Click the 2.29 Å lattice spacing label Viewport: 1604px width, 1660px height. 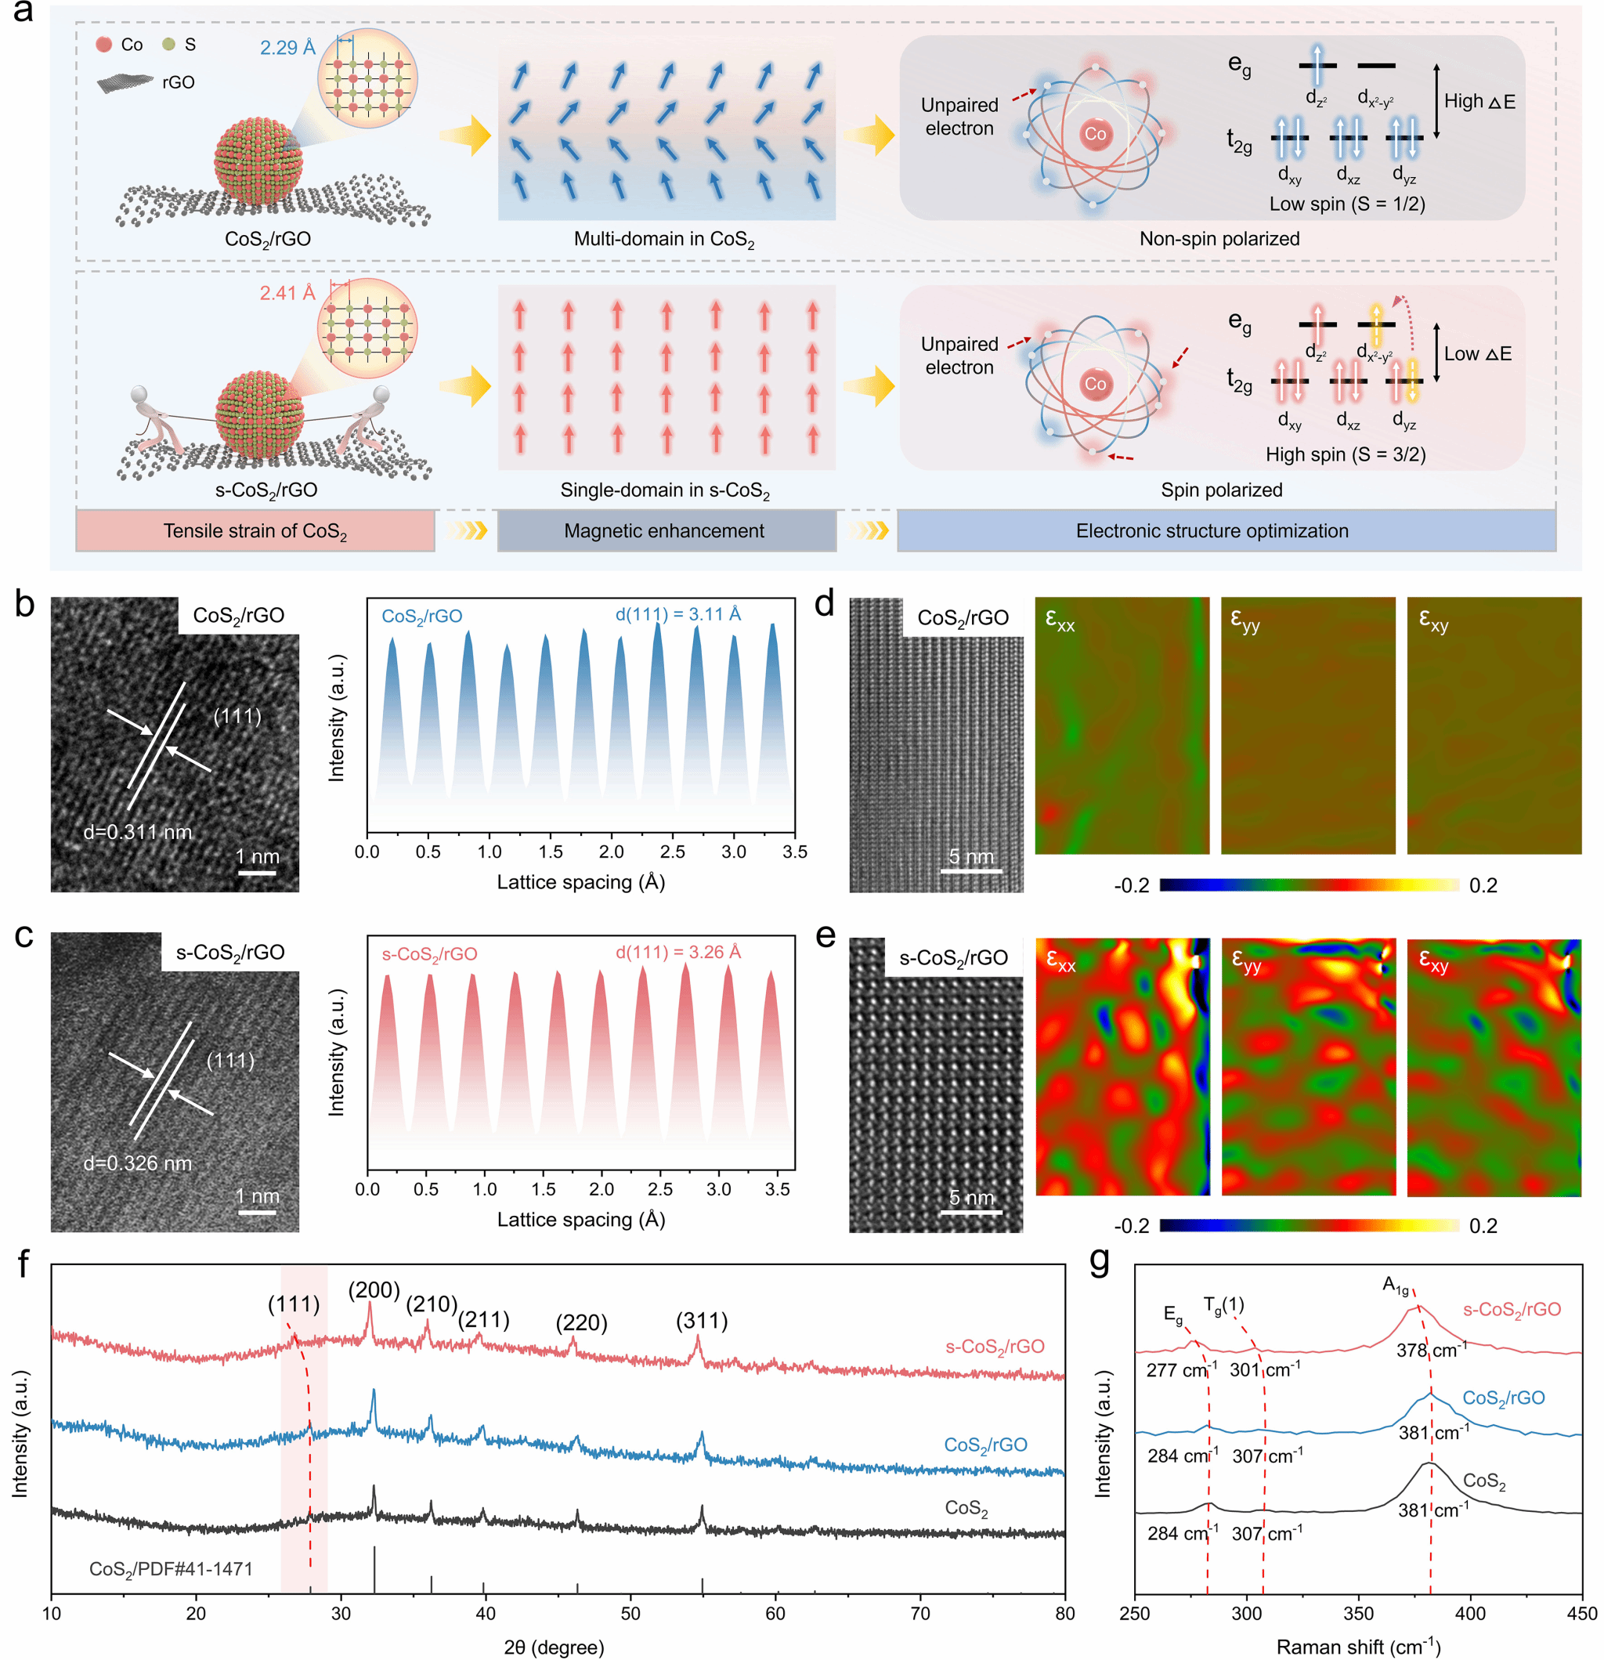tap(287, 48)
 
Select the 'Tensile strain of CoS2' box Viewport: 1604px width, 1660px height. tap(255, 531)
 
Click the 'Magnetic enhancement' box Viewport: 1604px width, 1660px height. tap(665, 531)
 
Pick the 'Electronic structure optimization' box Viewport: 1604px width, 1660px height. tap(1212, 531)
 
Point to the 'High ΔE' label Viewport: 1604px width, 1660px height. tap(1479, 102)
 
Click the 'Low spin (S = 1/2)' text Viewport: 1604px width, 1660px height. tap(1346, 204)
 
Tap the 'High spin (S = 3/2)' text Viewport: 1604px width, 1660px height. tap(1345, 455)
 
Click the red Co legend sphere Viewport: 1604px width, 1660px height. tap(103, 44)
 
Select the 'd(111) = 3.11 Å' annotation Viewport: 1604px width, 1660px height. tap(677, 614)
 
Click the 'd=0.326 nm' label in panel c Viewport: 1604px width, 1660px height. tap(137, 1163)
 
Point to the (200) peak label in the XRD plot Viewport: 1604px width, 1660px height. tap(374, 1291)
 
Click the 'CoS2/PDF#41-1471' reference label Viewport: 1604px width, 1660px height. tap(171, 1569)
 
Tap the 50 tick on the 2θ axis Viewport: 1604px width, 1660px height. tap(630, 1614)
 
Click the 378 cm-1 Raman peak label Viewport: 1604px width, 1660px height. tap(1431, 1350)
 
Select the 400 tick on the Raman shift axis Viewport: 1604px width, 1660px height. tap(1470, 1614)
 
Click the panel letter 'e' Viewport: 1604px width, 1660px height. tap(825, 935)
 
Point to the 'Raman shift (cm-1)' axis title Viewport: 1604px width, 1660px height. tap(1358, 1647)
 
